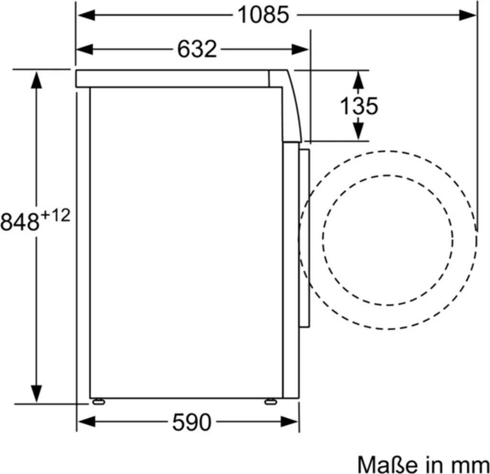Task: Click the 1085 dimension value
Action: pos(264,15)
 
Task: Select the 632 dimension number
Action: pos(197,49)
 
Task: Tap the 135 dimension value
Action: pos(358,106)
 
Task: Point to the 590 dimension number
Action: pos(191,422)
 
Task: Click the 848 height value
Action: pos(20,222)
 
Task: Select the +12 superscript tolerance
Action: pos(55,215)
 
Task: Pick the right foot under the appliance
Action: pos(270,401)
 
